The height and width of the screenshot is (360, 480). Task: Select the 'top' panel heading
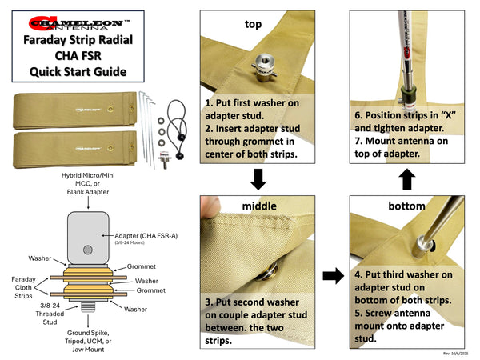click(x=253, y=24)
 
